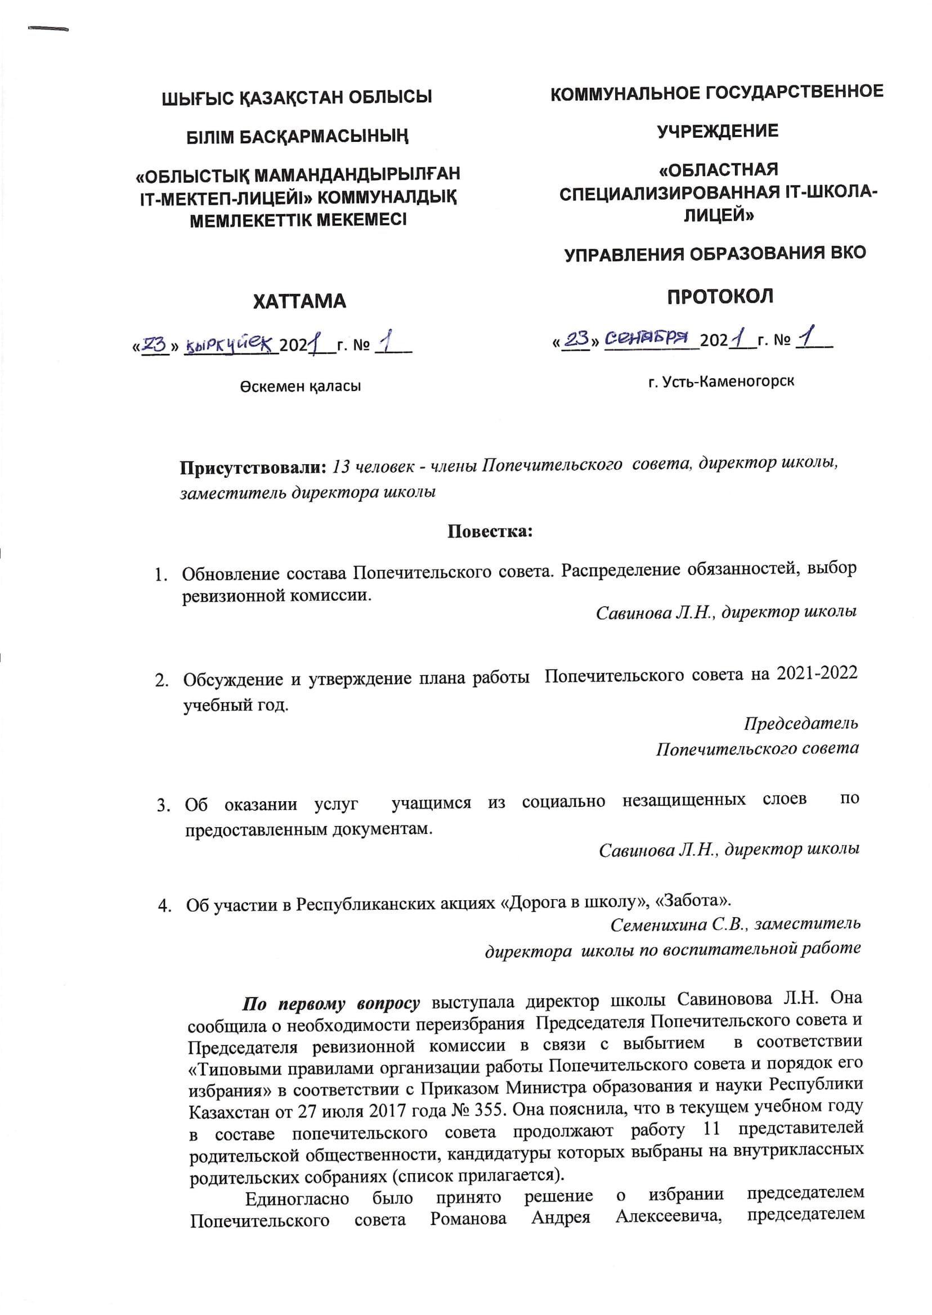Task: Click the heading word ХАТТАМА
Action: [x=299, y=301]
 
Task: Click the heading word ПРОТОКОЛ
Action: [x=720, y=296]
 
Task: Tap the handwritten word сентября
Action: [x=647, y=338]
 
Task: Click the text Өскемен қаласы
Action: [x=300, y=386]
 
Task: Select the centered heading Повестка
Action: [x=490, y=531]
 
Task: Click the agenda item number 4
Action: [x=164, y=906]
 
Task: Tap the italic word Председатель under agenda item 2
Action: [x=800, y=724]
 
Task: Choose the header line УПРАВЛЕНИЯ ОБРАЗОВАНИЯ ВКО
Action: [x=715, y=254]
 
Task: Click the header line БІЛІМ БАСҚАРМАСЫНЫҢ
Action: [x=298, y=137]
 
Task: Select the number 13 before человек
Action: [x=342, y=466]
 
